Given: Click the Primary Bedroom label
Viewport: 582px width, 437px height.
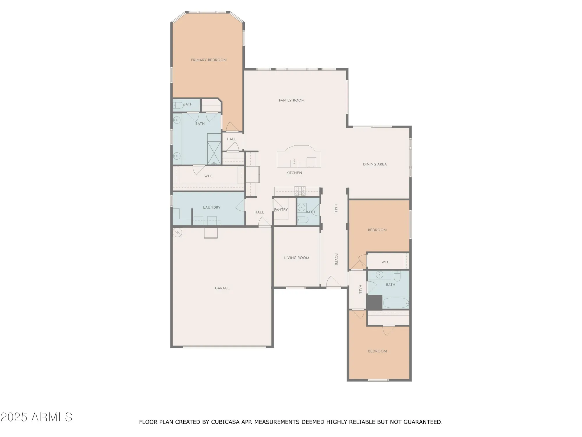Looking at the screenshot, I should click(209, 60).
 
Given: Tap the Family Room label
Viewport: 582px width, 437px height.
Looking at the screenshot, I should click(292, 101).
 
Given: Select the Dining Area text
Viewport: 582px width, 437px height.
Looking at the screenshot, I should click(375, 164).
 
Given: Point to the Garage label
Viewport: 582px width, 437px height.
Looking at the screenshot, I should click(222, 288).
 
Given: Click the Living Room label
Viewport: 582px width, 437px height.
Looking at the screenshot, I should click(297, 258).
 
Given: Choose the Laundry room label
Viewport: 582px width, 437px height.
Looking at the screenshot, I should click(212, 207).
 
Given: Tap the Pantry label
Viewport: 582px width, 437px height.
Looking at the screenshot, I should click(281, 209).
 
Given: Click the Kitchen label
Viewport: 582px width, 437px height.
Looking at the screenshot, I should click(294, 173).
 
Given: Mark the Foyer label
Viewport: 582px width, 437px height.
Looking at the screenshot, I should click(336, 259).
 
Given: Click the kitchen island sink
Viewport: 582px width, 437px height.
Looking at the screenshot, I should click(294, 163).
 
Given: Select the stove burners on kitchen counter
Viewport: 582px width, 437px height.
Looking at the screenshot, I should click(300, 191).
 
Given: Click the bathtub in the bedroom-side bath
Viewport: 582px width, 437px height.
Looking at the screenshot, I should click(396, 303).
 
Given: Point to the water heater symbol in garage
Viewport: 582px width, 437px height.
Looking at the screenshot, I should click(177, 232).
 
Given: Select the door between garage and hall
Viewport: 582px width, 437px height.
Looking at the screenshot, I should click(265, 223).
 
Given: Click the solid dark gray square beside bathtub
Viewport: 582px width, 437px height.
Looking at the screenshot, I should click(374, 302).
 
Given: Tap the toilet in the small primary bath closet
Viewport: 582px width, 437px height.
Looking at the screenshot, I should click(178, 105).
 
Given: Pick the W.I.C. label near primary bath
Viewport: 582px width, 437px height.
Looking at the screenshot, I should click(208, 176).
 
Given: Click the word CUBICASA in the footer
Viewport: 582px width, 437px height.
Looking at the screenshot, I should click(226, 422).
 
